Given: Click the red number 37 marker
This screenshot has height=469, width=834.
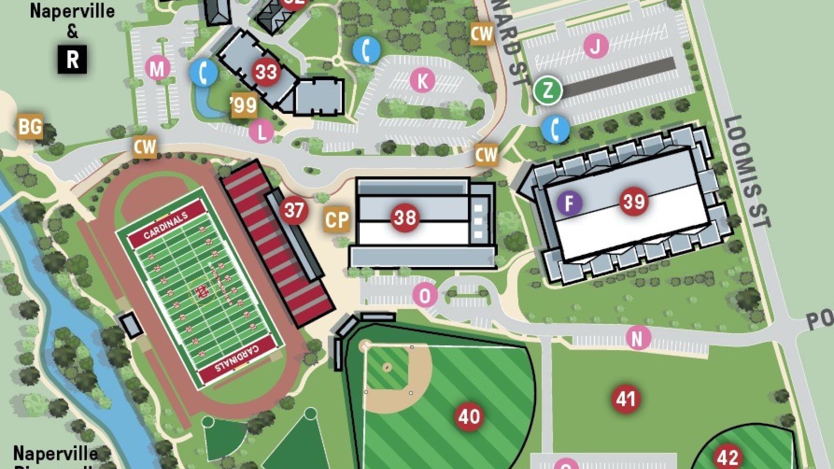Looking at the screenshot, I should (x=294, y=211).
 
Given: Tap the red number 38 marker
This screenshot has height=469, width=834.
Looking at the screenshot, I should (x=405, y=218).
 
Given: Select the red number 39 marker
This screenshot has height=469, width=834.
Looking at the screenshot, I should (x=634, y=201).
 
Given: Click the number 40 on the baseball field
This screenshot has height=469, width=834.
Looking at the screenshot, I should (x=469, y=416).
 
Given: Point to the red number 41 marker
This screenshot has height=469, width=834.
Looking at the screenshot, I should (x=625, y=399).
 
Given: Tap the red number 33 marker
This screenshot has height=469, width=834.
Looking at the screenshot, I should (x=266, y=72).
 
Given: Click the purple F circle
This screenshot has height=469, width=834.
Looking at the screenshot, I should (x=569, y=203).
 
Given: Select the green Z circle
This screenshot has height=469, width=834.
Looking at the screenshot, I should (x=548, y=90).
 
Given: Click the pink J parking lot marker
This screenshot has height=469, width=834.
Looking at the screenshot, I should (x=596, y=46).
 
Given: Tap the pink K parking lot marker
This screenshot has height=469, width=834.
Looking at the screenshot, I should (x=422, y=80).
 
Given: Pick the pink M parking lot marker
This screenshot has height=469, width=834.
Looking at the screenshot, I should (x=157, y=69).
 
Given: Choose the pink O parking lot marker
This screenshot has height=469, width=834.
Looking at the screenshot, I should (x=424, y=296).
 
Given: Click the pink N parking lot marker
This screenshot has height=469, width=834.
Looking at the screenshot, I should (x=638, y=338).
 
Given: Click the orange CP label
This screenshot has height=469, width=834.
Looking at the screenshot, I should (x=337, y=219).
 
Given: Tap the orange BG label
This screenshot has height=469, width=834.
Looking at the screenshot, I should (x=30, y=126).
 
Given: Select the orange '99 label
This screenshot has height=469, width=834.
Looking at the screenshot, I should (x=244, y=105).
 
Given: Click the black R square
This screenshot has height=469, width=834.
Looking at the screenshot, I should (x=72, y=59).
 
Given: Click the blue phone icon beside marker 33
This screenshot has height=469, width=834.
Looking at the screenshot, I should (x=203, y=73).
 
